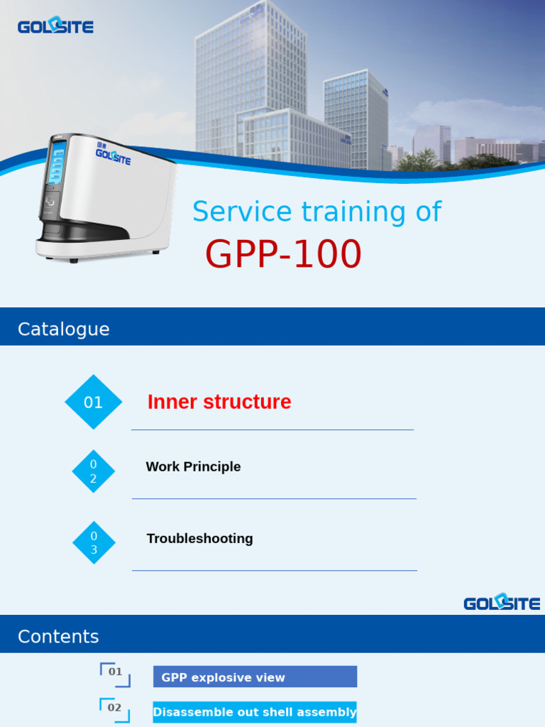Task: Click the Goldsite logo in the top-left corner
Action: coord(55,27)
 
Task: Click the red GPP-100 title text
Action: coord(283,255)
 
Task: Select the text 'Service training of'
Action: coord(316,212)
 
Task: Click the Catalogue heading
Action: coord(64,329)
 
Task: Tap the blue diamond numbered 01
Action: coord(94,403)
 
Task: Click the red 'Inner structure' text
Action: coord(219,402)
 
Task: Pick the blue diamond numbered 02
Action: coord(93,471)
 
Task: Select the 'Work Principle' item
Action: coord(193,466)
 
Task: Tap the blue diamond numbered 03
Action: coord(94,542)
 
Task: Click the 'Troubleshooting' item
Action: coord(199,538)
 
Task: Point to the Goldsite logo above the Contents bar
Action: coord(502,603)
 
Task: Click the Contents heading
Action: coord(58,636)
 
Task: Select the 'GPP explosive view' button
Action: coord(255,677)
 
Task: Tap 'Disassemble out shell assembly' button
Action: coord(255,712)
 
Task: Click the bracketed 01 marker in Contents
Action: coord(115,674)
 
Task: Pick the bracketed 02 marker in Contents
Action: coord(114,709)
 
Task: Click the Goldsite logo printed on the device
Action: coord(114,155)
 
